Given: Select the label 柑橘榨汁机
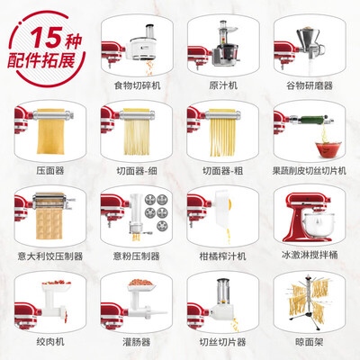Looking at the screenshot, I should [x=221, y=256].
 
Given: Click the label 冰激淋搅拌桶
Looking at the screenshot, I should [x=310, y=256].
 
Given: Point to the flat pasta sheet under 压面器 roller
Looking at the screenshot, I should [x=49, y=139].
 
